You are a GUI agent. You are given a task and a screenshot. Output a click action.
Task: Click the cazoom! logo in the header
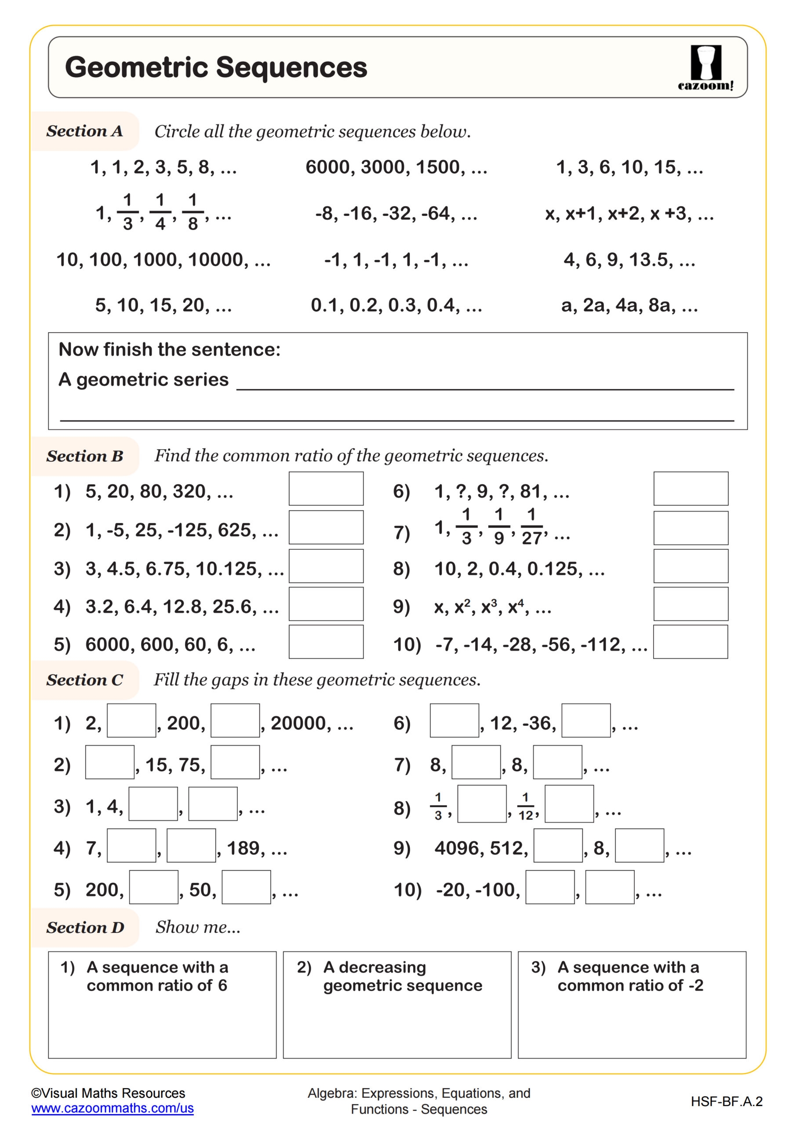click(705, 68)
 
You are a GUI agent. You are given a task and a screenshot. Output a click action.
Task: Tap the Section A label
click(84, 131)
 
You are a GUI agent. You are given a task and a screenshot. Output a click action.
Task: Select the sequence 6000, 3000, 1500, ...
click(396, 167)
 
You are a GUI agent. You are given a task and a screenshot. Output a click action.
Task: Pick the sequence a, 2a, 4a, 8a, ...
click(629, 305)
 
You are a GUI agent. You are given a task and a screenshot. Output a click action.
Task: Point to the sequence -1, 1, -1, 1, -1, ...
click(396, 260)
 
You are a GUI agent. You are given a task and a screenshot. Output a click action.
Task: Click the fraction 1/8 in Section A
click(193, 212)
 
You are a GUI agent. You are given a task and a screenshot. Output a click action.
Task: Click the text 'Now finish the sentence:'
click(170, 349)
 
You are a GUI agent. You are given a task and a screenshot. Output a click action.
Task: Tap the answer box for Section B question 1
click(326, 489)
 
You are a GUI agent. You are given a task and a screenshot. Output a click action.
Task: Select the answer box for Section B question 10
click(690, 642)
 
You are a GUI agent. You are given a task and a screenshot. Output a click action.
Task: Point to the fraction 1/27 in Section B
click(531, 527)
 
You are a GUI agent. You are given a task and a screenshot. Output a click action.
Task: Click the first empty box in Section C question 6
click(454, 720)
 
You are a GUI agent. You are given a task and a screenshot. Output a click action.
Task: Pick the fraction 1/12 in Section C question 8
click(525, 806)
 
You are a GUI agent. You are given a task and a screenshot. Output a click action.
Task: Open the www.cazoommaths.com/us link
click(112, 1108)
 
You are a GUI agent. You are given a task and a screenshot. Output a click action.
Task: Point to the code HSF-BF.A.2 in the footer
click(727, 1101)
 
